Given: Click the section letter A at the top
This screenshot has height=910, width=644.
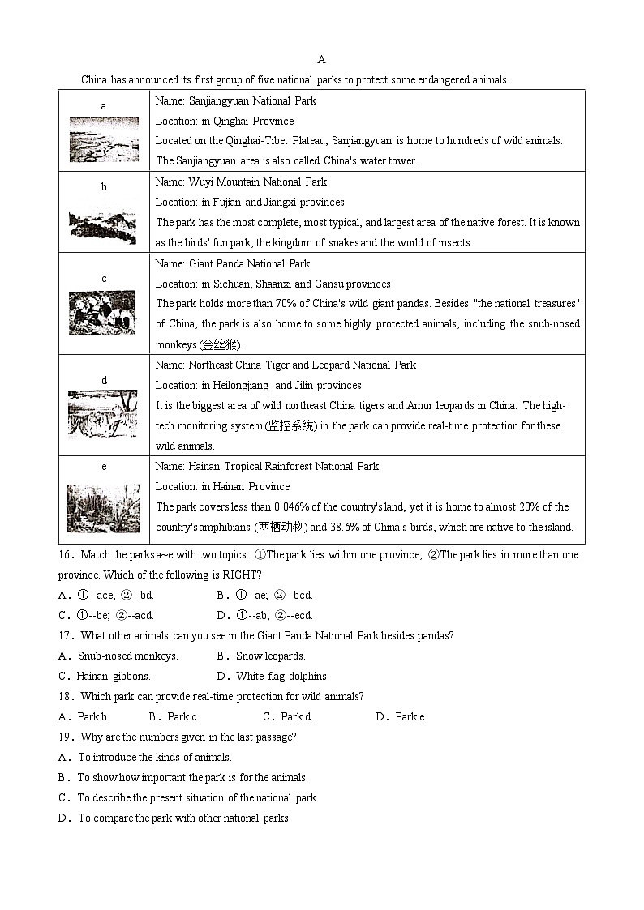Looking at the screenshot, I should coord(321,59).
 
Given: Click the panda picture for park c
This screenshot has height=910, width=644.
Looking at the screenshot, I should coord(103,313).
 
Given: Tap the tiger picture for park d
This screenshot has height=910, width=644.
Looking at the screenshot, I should coord(103,413).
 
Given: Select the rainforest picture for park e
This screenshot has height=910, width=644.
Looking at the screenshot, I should coord(103,508).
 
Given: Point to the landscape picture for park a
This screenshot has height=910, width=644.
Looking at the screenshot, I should coord(103,139).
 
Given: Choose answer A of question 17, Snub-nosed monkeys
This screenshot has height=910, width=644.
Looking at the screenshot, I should coord(118,656).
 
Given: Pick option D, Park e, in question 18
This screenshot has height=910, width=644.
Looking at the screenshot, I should coord(401,717).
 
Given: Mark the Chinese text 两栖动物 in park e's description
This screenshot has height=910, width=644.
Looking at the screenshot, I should coord(259,528).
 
